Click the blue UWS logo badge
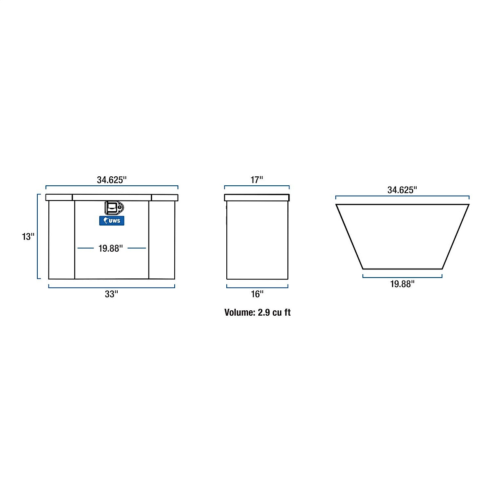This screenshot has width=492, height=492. (112, 221)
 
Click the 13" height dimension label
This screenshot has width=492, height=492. (28, 237)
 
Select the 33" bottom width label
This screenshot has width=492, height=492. (112, 294)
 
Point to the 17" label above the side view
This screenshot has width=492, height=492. (257, 180)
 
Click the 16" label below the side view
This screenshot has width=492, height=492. (257, 294)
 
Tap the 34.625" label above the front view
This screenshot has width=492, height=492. (112, 180)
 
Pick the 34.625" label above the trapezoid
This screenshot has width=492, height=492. (402, 190)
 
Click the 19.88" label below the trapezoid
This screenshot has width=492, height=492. (402, 284)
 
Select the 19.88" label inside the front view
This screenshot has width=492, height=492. (111, 248)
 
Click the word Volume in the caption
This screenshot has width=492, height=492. (239, 312)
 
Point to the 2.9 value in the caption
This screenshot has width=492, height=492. (263, 312)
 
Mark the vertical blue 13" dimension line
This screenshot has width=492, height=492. (38, 237)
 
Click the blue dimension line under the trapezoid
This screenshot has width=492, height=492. (402, 276)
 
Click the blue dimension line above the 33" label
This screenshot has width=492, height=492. (112, 287)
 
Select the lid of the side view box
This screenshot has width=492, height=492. (257, 198)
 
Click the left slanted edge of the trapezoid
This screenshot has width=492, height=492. (349, 237)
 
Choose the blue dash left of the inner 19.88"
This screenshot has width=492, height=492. (86, 248)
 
